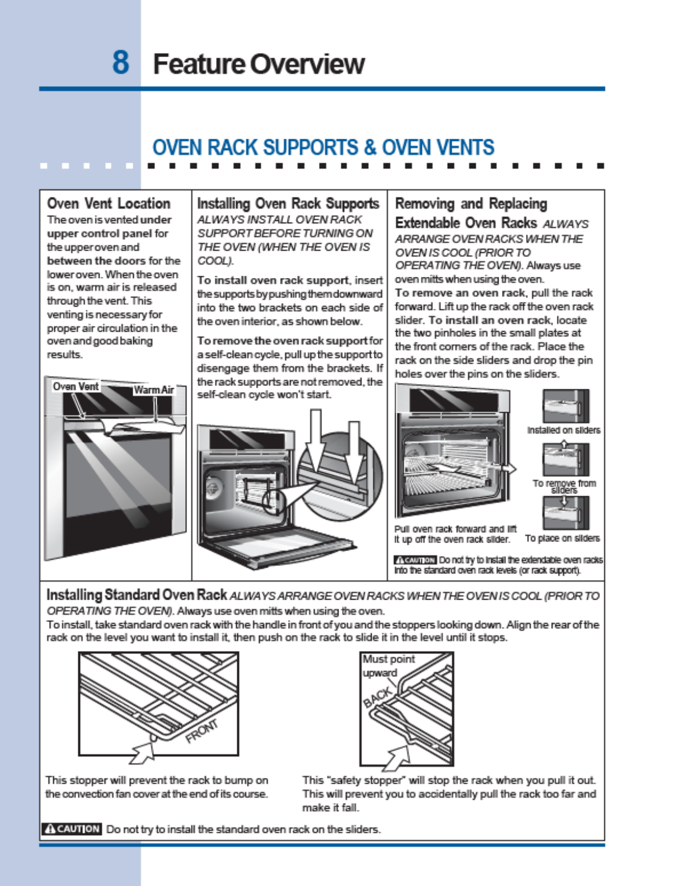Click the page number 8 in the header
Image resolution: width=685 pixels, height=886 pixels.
pyautogui.click(x=120, y=62)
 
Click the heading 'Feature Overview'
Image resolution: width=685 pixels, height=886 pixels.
pyautogui.click(x=259, y=64)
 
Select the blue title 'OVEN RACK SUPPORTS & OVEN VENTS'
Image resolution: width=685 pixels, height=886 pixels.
pyautogui.click(x=323, y=148)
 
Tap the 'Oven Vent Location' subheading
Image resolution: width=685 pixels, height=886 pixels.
pyautogui.click(x=109, y=204)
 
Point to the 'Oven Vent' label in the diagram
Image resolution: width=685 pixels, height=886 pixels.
pyautogui.click(x=76, y=387)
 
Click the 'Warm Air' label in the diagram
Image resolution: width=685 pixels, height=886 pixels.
pyautogui.click(x=153, y=390)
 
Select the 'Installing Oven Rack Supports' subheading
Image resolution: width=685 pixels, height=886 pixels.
pyautogui.click(x=288, y=204)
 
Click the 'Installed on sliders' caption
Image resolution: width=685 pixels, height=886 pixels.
pyautogui.click(x=564, y=430)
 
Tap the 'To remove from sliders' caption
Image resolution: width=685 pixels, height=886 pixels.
pyautogui.click(x=564, y=486)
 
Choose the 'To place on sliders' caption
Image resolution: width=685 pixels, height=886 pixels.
pyautogui.click(x=562, y=538)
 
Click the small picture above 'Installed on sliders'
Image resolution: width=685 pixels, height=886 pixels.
pyautogui.click(x=565, y=406)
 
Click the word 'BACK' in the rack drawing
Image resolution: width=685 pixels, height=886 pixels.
pyautogui.click(x=377, y=698)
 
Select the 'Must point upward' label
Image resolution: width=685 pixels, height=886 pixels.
pyautogui.click(x=388, y=666)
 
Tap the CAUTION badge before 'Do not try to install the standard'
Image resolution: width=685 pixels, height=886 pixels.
pyautogui.click(x=72, y=829)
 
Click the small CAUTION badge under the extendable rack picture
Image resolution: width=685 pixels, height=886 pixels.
pyautogui.click(x=415, y=560)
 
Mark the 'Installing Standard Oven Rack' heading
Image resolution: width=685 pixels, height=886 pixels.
pyautogui.click(x=137, y=595)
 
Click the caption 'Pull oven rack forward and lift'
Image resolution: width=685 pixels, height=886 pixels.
pyautogui.click(x=455, y=529)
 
